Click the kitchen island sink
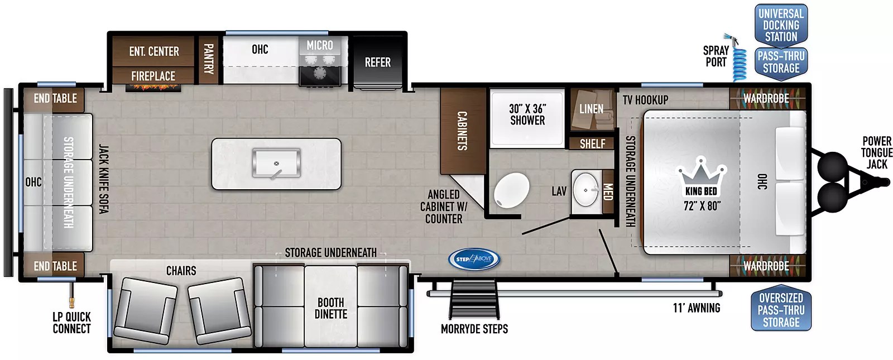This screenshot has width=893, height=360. [x=276, y=163]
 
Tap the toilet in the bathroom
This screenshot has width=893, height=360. [x=511, y=190]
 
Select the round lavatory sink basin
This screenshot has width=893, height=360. [x=585, y=190]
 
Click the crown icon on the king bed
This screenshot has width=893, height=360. [x=701, y=175]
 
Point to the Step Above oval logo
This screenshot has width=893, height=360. [x=474, y=260]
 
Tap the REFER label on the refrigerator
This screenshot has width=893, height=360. [x=377, y=62]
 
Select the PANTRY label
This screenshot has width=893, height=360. [x=209, y=59]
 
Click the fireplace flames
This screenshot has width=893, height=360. [x=153, y=87]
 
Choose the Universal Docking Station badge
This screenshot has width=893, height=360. [x=781, y=25]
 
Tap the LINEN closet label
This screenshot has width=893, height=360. [x=591, y=109]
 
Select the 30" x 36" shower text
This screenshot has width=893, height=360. [x=527, y=114]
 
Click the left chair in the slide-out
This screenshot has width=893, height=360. [x=146, y=311]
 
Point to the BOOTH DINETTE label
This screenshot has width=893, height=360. [x=331, y=308]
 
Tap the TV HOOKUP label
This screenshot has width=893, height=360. [x=645, y=100]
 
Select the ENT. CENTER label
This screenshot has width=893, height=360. [x=154, y=51]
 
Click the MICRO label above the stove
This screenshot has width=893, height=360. [x=320, y=45]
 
